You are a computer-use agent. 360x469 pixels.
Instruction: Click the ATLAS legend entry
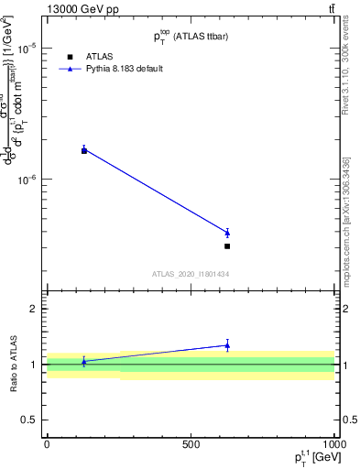[98, 57]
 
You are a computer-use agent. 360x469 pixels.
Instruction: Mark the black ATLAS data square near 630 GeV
[227, 246]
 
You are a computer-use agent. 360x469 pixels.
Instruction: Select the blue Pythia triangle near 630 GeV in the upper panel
[227, 233]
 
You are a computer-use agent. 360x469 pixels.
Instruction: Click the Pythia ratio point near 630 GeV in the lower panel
[227, 345]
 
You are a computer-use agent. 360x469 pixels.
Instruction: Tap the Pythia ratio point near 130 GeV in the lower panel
[84, 362]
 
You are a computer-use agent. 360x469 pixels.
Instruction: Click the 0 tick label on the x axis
[47, 443]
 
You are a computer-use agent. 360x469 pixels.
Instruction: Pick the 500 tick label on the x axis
[191, 443]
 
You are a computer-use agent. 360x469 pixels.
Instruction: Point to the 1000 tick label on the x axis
[333, 443]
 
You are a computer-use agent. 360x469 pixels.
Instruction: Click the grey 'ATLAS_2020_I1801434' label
[190, 274]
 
